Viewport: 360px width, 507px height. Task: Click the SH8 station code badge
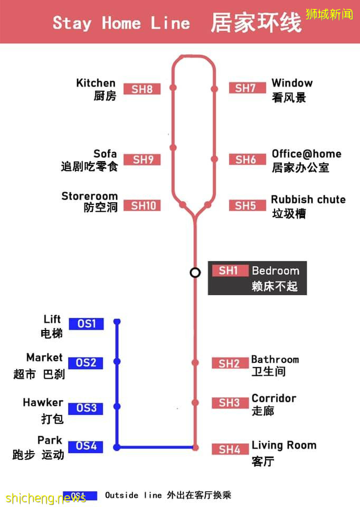[142, 89]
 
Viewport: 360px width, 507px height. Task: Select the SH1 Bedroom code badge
[229, 271]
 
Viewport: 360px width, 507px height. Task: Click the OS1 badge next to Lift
[86, 323]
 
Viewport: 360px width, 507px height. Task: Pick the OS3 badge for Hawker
[86, 408]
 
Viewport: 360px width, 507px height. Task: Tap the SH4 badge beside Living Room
[230, 449]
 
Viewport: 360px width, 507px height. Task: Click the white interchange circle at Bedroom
[195, 273]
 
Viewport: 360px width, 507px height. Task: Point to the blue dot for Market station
[117, 362]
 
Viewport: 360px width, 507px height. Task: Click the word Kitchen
[96, 83]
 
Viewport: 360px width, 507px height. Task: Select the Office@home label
[306, 154]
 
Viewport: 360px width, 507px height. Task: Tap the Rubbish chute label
[308, 200]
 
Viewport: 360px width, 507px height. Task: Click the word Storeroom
[89, 196]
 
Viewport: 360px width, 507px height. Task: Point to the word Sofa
[105, 154]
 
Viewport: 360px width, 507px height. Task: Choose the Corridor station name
[273, 398]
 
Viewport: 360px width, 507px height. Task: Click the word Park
[50, 440]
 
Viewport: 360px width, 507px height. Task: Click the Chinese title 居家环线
[256, 23]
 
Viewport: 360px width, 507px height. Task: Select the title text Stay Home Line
[121, 23]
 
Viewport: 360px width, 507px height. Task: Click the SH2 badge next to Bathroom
[230, 363]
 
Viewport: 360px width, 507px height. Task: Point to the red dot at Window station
[214, 89]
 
